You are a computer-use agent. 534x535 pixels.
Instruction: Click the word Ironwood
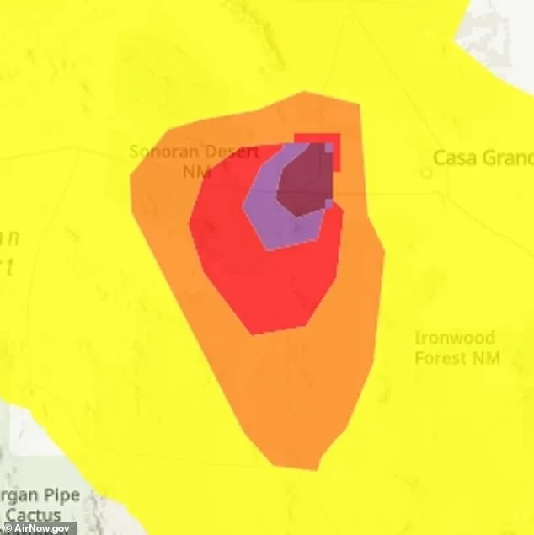coord(455,339)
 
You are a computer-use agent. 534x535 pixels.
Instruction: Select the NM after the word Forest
coord(487,357)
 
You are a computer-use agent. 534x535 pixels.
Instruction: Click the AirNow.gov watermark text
coord(45,528)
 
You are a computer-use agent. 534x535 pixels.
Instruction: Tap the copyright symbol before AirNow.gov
coord(8,528)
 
